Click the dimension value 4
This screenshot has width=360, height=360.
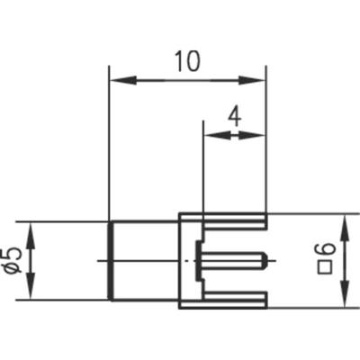point(234,116)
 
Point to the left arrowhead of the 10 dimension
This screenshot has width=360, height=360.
point(115,81)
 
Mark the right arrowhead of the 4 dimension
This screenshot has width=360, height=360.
point(259,135)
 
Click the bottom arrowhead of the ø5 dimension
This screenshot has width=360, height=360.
point(31,293)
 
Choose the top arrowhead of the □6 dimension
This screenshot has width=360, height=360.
point(345,220)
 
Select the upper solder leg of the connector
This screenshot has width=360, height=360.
point(234,220)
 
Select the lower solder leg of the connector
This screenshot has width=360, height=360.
point(234,302)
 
